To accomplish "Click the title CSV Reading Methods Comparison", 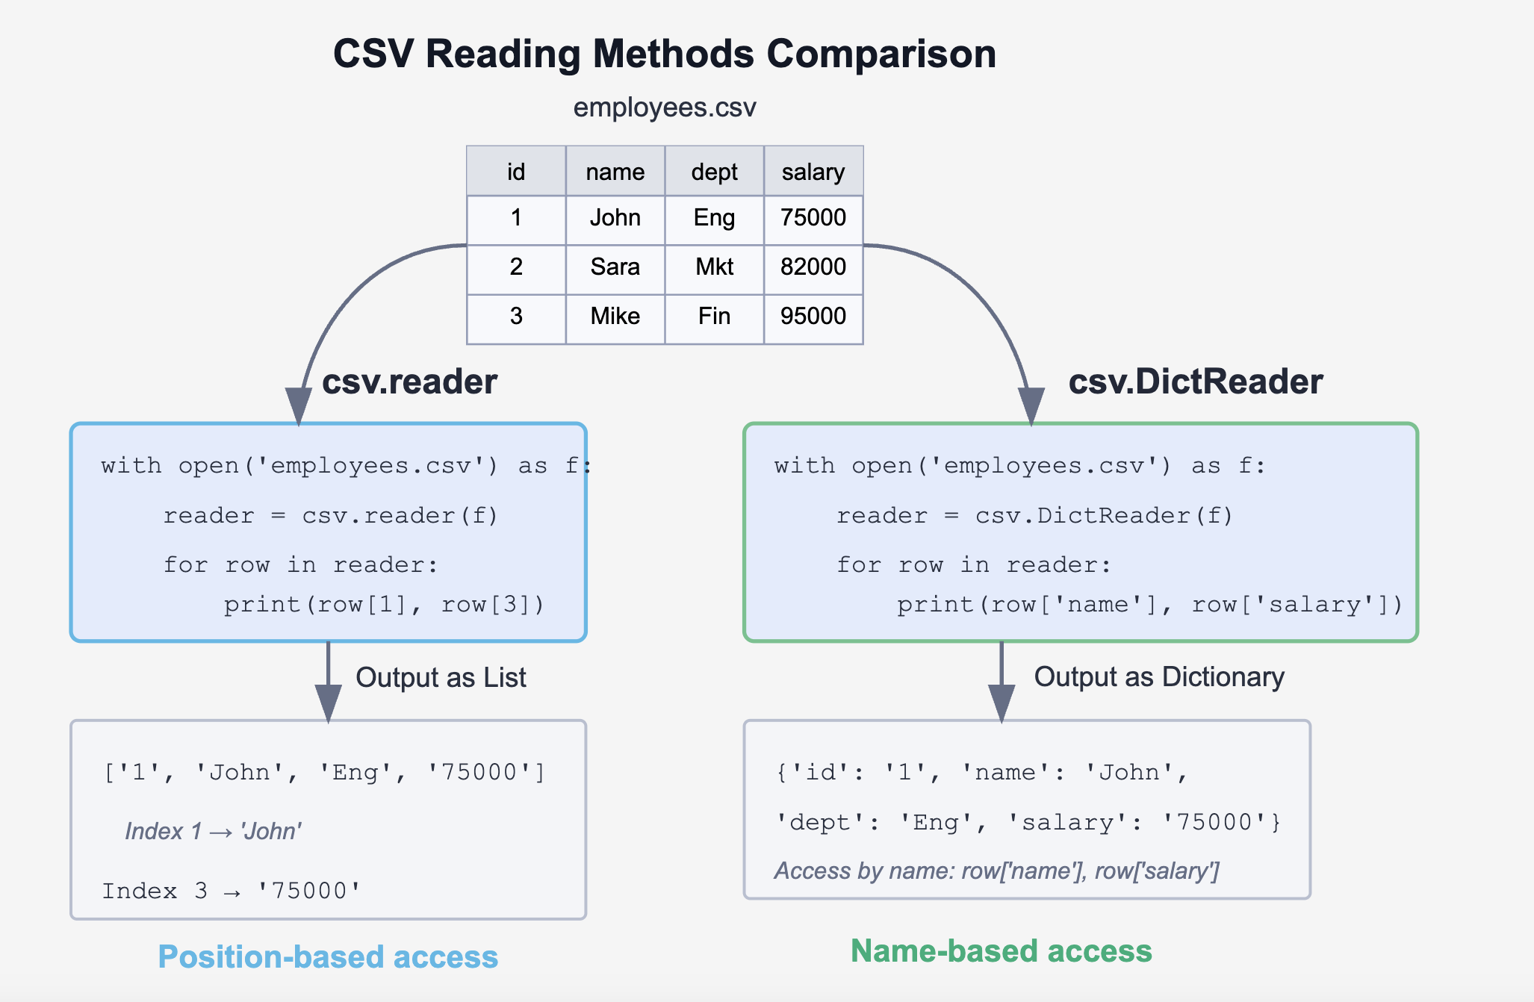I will (x=664, y=55).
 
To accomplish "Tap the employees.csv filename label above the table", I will (x=664, y=108).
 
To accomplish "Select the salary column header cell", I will (x=813, y=172).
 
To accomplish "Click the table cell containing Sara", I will (x=615, y=267).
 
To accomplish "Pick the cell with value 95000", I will (x=813, y=316).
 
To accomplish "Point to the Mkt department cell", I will (x=714, y=267).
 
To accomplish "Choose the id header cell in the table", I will (x=516, y=172).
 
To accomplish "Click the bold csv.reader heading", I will (x=409, y=382).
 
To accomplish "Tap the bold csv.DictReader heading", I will (x=1195, y=382).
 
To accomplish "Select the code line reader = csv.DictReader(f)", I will (x=1034, y=516).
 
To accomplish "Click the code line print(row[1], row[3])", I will (x=385, y=604).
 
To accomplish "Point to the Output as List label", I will (x=441, y=678).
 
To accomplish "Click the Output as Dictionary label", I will (x=1158, y=677).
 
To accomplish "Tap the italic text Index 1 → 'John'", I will (x=214, y=832).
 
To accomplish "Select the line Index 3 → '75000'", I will (x=232, y=891).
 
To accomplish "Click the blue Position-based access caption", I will (x=328, y=957).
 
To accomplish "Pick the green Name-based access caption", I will (x=1001, y=951).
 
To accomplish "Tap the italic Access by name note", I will (x=996, y=871).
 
